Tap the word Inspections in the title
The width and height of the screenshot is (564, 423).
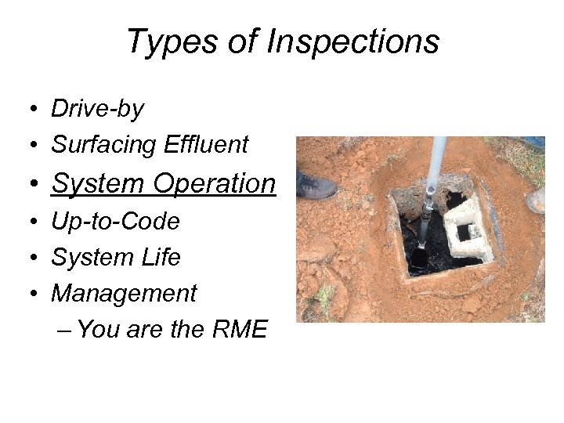[x=352, y=42]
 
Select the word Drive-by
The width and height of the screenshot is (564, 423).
[x=97, y=109]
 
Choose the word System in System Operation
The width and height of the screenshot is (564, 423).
[x=99, y=183]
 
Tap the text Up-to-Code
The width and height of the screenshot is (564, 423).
[x=115, y=222]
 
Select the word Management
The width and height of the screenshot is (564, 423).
[x=124, y=294]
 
